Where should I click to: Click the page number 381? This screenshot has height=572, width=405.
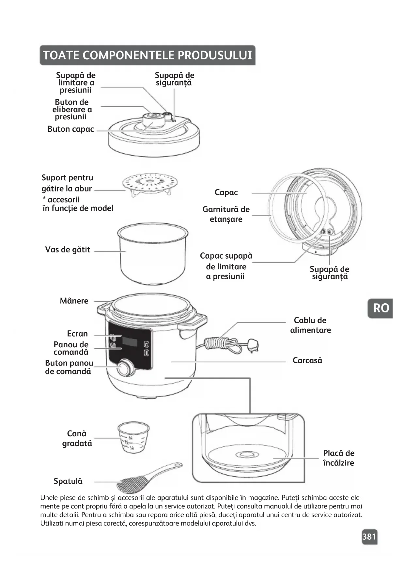(369, 536)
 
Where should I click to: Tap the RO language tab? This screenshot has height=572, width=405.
(381, 308)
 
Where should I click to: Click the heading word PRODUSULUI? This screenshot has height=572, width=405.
(215, 55)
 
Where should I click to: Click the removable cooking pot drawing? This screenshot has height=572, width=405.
(153, 253)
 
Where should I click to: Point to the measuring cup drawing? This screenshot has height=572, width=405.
(133, 438)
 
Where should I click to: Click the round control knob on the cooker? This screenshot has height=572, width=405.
(126, 368)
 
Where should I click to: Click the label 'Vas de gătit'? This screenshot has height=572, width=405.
(68, 250)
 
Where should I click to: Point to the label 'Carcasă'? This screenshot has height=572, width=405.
(307, 361)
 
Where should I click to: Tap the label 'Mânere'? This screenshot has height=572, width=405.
(74, 301)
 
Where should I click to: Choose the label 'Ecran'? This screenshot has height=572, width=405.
(77, 334)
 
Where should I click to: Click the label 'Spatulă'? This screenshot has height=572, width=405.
(68, 481)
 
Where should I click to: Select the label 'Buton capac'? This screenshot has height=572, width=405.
(71, 129)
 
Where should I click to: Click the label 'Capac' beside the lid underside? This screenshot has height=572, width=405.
(226, 192)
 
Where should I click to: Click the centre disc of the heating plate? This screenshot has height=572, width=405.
(247, 454)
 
